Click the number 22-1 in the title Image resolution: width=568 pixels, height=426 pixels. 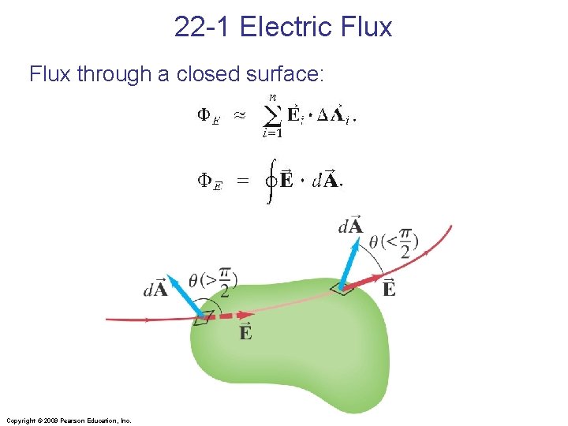[203, 27]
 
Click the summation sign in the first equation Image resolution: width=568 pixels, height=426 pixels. [271, 115]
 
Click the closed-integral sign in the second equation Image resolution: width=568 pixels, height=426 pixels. [271, 181]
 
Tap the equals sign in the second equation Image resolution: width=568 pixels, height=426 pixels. [243, 181]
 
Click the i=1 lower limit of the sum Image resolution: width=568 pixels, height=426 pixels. [272, 133]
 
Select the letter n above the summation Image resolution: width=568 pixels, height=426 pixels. [272, 97]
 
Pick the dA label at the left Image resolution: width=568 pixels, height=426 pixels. [156, 288]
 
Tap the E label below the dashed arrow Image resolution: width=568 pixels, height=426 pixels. [245, 332]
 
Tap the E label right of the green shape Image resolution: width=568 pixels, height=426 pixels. [389, 288]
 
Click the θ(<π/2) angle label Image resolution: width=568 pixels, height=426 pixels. [394, 243]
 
